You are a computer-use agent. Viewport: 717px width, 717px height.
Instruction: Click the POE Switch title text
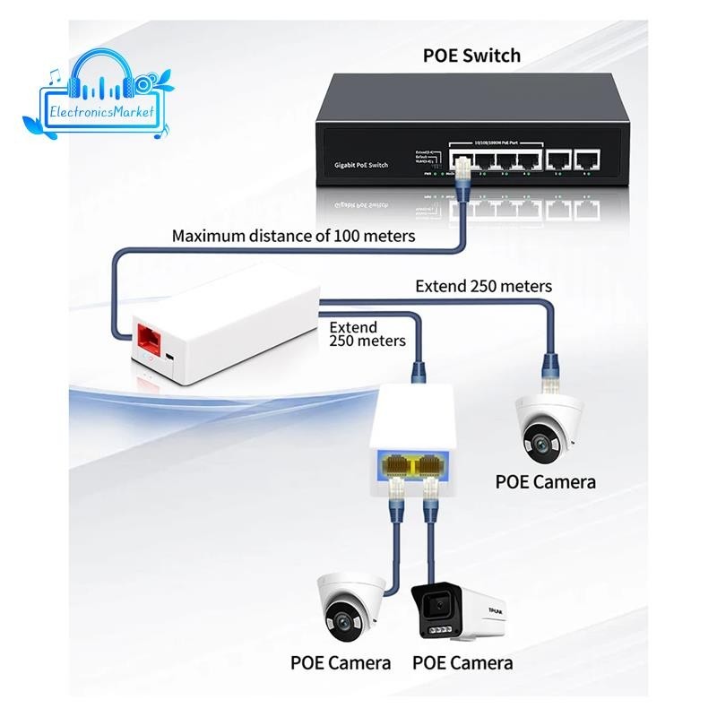pos(471,56)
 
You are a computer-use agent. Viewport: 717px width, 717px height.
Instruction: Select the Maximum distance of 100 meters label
pos(293,237)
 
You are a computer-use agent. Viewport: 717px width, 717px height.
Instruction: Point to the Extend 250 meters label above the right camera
pos(483,286)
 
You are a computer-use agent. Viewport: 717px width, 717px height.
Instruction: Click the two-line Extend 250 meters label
pos(367,333)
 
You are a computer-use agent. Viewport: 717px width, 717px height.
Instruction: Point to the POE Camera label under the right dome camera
pos(545,482)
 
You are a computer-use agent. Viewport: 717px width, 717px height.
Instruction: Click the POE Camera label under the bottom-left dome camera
pos(341,663)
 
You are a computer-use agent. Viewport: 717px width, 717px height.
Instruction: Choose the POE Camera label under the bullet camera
pos(462,663)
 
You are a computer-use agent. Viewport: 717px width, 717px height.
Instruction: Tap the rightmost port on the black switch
pos(587,161)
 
